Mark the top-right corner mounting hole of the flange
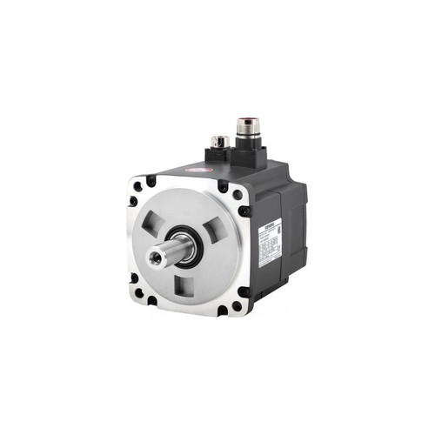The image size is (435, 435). coord(224,185)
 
